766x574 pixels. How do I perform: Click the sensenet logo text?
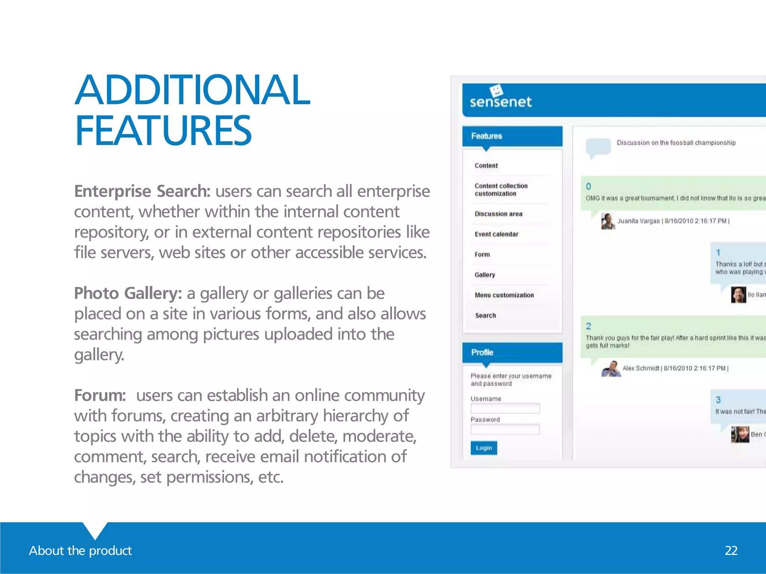click(500, 102)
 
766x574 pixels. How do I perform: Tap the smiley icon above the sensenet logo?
click(496, 90)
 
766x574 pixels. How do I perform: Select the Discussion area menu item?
click(498, 214)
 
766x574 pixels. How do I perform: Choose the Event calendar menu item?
click(496, 234)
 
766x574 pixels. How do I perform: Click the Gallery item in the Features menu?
click(485, 275)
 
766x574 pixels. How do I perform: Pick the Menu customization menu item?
click(504, 295)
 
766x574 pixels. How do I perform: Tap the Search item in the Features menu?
click(485, 315)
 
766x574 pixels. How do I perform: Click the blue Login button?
click(484, 448)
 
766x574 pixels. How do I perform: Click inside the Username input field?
click(505, 408)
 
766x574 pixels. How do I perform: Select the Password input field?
click(505, 429)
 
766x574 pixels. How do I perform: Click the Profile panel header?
click(512, 352)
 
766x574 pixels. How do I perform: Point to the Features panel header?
click(512, 136)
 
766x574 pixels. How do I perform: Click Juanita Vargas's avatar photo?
click(608, 221)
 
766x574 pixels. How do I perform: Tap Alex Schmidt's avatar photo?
click(611, 369)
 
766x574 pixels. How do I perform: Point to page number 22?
click(731, 550)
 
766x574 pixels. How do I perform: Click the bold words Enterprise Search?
click(142, 191)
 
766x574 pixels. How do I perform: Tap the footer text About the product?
click(80, 550)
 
